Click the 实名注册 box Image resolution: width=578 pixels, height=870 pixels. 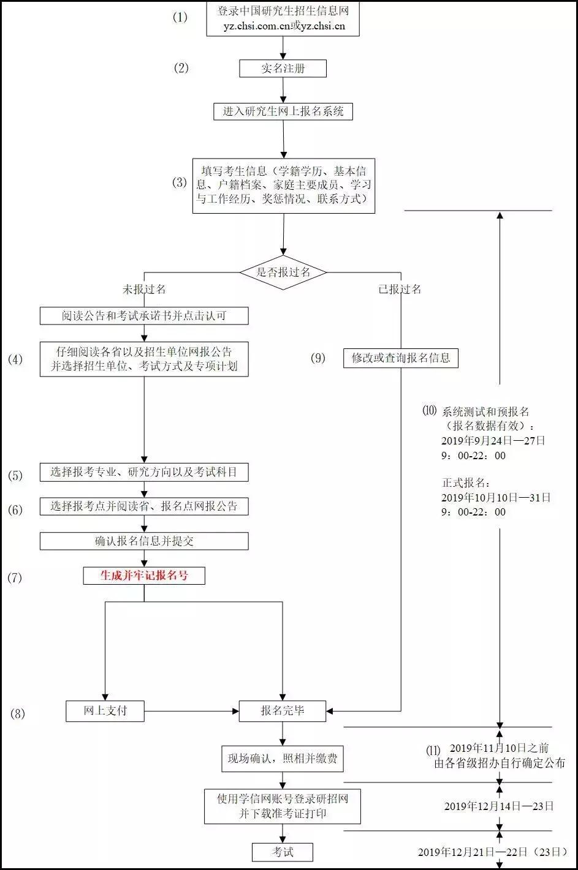coord(283,69)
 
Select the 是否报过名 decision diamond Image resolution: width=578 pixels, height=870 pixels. coord(283,272)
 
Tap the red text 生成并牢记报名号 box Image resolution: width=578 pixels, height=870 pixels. coord(144,576)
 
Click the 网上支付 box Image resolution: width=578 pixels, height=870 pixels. coord(105,711)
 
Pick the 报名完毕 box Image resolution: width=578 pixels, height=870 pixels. coord(283,711)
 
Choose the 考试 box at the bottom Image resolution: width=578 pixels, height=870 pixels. coord(283,852)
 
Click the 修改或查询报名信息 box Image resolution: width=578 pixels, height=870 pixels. coord(401,358)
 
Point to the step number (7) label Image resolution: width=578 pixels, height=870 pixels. coord(15,577)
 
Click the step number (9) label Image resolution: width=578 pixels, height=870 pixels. coord(318,358)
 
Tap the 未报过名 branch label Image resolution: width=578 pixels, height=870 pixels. coord(144,289)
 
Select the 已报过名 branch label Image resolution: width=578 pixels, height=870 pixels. coord(400,289)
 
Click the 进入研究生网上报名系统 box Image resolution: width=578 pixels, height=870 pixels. coord(283,111)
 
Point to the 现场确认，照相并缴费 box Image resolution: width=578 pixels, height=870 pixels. coord(283,759)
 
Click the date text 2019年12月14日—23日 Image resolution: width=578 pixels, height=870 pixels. coord(499,806)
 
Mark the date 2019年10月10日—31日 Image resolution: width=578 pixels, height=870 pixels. coord(496,498)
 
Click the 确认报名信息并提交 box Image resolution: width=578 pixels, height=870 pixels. coord(144,541)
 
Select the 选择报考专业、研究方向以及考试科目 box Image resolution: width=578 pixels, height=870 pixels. coord(144,472)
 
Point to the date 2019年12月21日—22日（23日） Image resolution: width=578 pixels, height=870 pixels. coord(492,852)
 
